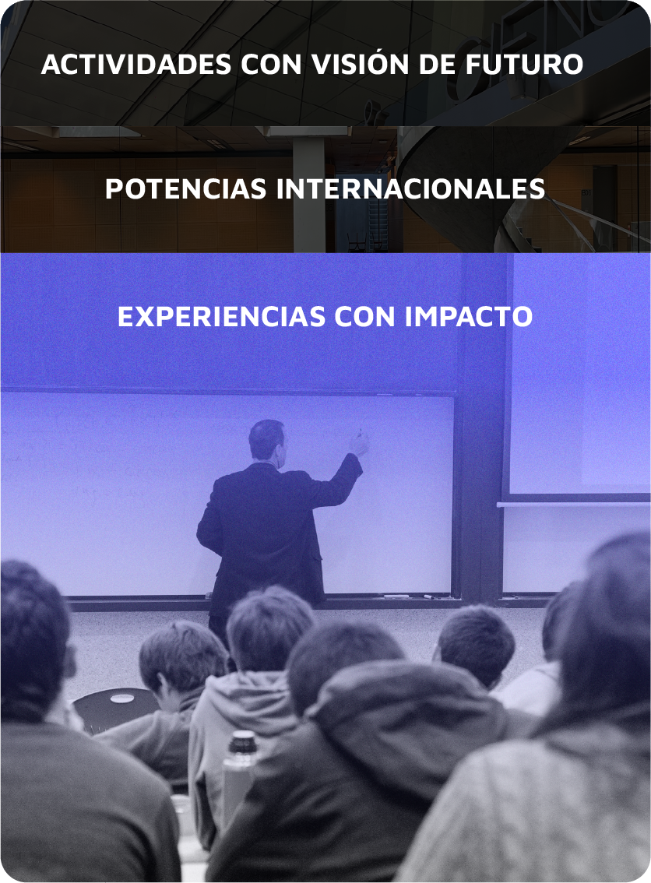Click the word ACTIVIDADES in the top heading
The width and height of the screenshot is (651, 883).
click(136, 64)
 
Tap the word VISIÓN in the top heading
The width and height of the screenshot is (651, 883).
click(361, 63)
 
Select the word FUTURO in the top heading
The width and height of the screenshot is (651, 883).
click(524, 64)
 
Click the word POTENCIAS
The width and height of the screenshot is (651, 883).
click(186, 188)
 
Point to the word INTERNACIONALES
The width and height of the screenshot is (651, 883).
click(410, 188)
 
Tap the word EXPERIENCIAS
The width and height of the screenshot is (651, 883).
click(221, 316)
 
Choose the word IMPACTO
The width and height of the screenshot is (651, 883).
click(469, 316)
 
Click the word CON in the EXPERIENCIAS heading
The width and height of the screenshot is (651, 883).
click(365, 316)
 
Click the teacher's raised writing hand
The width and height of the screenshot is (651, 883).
click(359, 444)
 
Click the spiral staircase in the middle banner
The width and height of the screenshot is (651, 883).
click(507, 192)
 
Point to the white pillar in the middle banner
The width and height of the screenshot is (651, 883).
click(308, 195)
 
